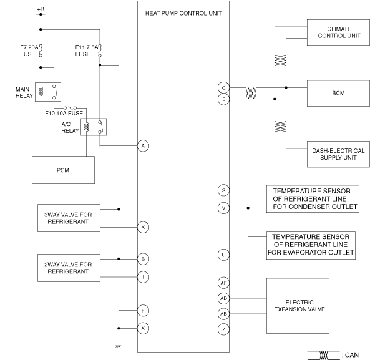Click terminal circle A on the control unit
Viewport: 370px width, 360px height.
tap(144, 146)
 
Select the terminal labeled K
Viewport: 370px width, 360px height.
tap(144, 227)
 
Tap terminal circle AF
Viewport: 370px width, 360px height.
tap(223, 283)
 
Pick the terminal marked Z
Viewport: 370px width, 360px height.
tap(223, 329)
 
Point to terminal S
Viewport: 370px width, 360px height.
tap(223, 190)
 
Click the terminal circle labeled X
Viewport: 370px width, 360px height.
tap(144, 328)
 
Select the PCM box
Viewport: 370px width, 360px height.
tap(63, 170)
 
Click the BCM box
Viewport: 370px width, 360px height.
tap(338, 93)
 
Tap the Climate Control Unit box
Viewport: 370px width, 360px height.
tap(338, 32)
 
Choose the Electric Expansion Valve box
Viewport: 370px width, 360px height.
tap(298, 306)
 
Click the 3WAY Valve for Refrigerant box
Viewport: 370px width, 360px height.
tap(69, 218)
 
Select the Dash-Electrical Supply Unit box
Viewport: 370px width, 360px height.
tap(338, 154)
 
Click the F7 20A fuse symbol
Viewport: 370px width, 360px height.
tap(41, 51)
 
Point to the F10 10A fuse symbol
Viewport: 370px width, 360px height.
tap(70, 108)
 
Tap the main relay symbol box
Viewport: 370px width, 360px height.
tap(48, 92)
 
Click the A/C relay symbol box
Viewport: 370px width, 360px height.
tap(94, 127)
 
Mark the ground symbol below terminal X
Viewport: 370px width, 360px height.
tap(118, 346)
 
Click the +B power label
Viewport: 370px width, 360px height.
tap(41, 9)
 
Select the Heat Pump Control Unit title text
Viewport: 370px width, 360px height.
tap(183, 14)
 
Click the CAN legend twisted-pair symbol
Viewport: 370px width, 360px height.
tap(323, 355)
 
